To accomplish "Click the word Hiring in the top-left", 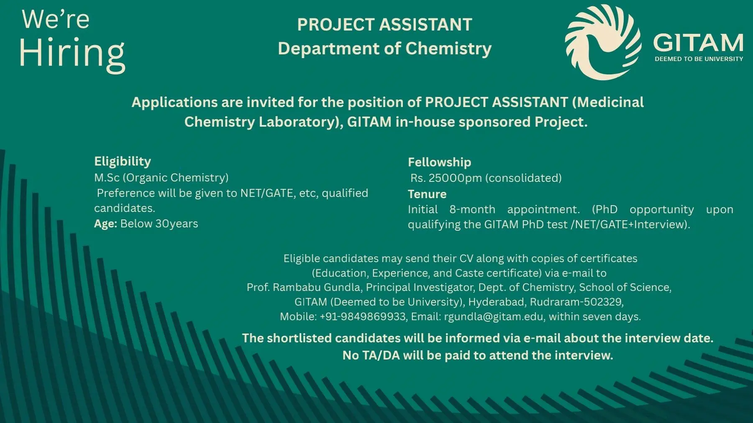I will (72, 54).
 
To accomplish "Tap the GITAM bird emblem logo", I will (603, 42).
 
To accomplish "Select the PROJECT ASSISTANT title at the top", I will (384, 25).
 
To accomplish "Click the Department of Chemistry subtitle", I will (384, 48).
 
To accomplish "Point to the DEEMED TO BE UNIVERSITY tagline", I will (699, 59).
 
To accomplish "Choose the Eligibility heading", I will (122, 161).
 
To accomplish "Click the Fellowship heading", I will (439, 162).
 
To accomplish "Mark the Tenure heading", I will (427, 194).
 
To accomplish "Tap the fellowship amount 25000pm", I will (455, 178).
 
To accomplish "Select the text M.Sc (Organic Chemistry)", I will (161, 178).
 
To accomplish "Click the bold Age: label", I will (105, 224).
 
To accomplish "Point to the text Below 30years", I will (159, 224).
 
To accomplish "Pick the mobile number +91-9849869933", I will (363, 316).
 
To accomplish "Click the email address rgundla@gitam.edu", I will (494, 316).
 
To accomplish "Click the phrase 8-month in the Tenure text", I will (472, 209).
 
